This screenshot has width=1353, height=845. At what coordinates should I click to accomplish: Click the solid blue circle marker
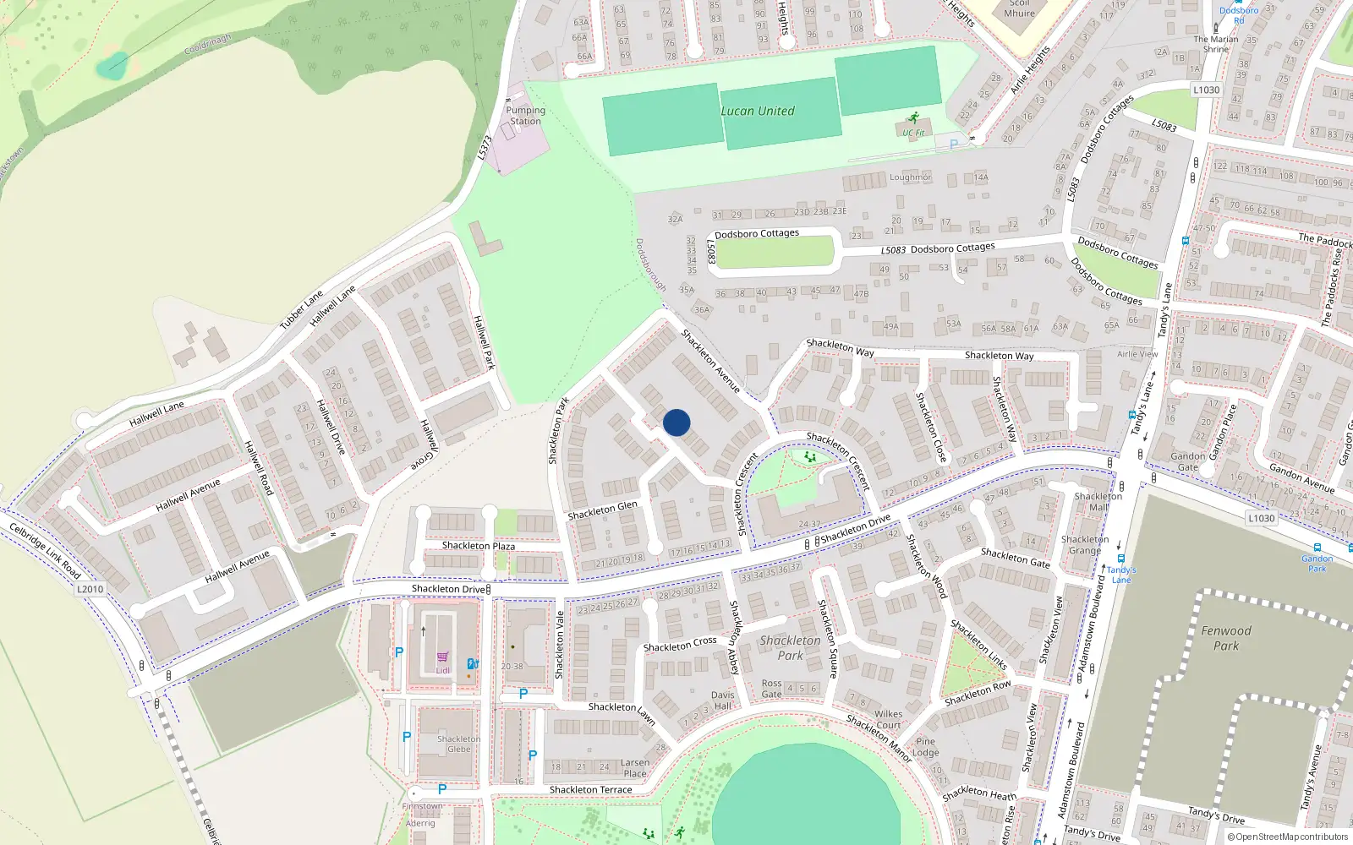(676, 422)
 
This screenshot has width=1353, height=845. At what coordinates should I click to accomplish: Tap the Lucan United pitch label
(757, 111)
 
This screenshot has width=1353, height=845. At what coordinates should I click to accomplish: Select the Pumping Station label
(525, 116)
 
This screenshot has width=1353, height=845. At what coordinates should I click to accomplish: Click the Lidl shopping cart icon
(442, 657)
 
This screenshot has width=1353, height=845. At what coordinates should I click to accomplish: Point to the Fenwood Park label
(1226, 638)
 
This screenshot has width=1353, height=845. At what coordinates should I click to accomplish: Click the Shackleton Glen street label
(602, 510)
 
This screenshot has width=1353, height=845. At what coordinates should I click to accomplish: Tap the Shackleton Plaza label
(478, 546)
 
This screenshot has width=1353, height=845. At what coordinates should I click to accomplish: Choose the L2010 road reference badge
(90, 589)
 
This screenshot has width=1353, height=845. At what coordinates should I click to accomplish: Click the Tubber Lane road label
(302, 310)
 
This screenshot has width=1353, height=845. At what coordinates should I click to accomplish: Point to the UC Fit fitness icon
(912, 118)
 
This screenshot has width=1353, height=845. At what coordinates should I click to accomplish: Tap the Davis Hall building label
(722, 701)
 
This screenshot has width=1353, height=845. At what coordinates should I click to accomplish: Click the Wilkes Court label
(888, 719)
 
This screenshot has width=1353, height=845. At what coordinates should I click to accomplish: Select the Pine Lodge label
(926, 747)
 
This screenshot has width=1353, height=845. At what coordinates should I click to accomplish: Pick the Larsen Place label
(635, 768)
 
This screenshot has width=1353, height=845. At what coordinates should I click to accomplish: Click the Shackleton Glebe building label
(458, 744)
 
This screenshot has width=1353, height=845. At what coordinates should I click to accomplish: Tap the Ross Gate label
(771, 689)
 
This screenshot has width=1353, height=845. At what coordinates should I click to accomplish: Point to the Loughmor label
(910, 177)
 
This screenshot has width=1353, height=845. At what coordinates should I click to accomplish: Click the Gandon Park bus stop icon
(1317, 548)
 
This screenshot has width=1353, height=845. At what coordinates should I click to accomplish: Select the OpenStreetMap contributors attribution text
(1287, 837)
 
